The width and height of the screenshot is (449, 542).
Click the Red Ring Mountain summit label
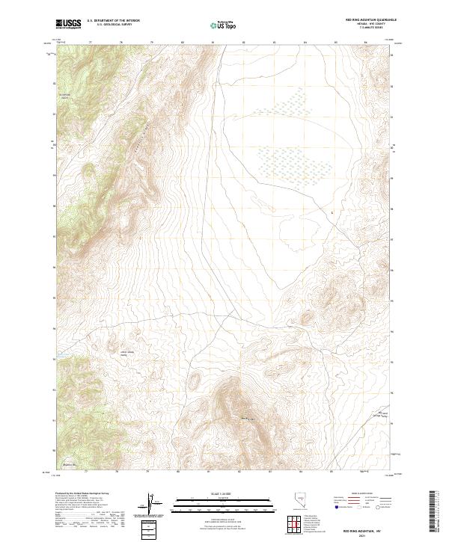click(248, 417)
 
